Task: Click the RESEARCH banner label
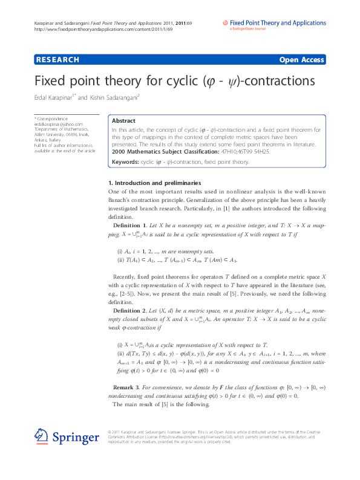tap(58, 60)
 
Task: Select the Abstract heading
tap(124, 121)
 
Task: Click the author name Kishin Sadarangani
tap(114, 97)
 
